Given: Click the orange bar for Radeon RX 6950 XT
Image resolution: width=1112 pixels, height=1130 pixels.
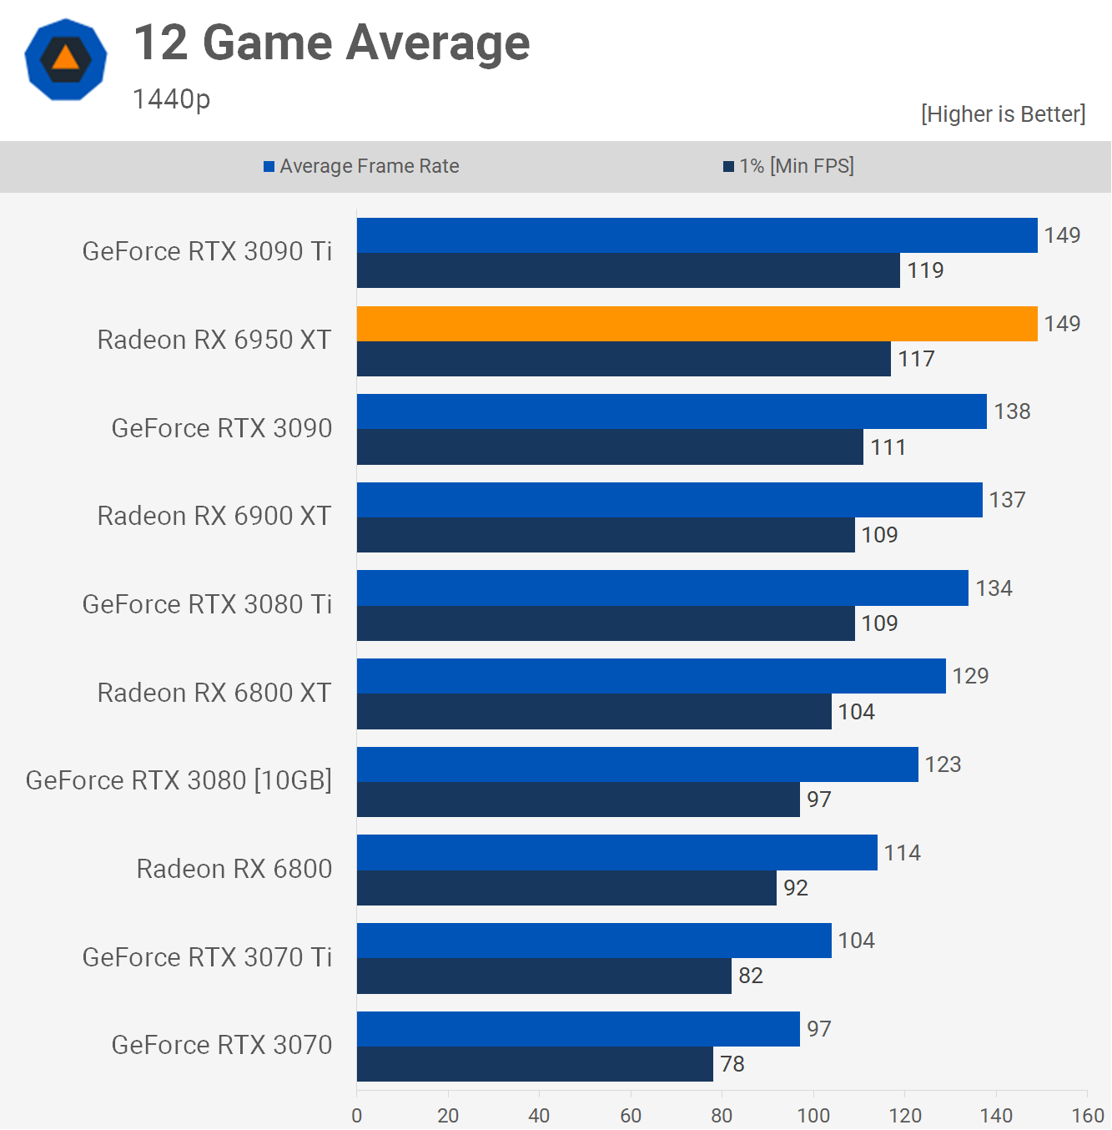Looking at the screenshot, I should pyautogui.click(x=697, y=324).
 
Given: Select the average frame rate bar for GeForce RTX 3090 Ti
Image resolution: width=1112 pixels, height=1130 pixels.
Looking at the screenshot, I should pyautogui.click(x=697, y=235).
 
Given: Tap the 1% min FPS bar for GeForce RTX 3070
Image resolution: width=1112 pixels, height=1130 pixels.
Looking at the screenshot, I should pyautogui.click(x=535, y=1064).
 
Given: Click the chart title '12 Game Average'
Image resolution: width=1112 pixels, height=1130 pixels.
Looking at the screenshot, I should pyautogui.click(x=331, y=43).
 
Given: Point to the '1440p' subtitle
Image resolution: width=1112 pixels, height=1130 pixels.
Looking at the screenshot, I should pyautogui.click(x=171, y=99).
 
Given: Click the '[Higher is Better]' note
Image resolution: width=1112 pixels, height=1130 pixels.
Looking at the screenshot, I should pyautogui.click(x=1003, y=114).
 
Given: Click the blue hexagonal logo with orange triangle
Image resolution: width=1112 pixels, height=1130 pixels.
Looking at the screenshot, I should pyautogui.click(x=66, y=59).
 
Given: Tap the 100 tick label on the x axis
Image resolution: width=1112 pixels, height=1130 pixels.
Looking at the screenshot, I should pyautogui.click(x=813, y=1116).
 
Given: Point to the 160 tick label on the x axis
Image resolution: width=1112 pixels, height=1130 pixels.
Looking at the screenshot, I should pyautogui.click(x=1087, y=1116).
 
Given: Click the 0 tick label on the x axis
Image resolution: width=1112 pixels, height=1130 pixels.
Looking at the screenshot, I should pyautogui.click(x=357, y=1116).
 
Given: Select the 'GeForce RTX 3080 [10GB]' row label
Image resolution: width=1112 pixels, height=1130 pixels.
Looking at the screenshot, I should pyautogui.click(x=179, y=780).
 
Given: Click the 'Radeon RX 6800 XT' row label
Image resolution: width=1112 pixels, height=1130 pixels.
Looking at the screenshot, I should pyautogui.click(x=214, y=693).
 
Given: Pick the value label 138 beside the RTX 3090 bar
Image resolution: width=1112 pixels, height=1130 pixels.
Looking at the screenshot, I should pyautogui.click(x=1012, y=411).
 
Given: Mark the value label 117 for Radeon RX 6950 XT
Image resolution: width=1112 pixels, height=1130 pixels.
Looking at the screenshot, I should pyautogui.click(x=916, y=359).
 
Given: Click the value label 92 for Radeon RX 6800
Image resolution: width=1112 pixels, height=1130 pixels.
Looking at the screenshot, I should pyautogui.click(x=795, y=888).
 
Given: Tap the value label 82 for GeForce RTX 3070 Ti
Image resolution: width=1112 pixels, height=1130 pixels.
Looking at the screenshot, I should pyautogui.click(x=750, y=976).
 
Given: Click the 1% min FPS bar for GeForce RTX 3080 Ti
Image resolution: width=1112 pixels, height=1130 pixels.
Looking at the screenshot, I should pyautogui.click(x=606, y=623).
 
